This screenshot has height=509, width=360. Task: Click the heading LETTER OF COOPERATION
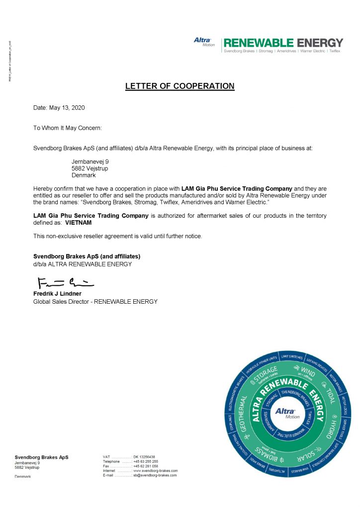tap(180, 86)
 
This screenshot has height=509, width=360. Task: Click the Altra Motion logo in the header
tap(203, 42)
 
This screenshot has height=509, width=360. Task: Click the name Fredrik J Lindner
tap(57, 294)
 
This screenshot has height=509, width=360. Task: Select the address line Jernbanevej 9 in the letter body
tap(90, 162)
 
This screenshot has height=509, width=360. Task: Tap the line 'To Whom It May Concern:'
tap(67, 128)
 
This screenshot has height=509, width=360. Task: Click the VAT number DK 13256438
tap(144, 457)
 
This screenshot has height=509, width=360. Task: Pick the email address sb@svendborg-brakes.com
tap(155, 475)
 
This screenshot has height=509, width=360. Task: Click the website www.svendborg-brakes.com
tap(155, 470)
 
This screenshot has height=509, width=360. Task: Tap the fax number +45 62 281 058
tap(145, 466)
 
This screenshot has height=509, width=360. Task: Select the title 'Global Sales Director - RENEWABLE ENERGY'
tap(95, 301)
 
